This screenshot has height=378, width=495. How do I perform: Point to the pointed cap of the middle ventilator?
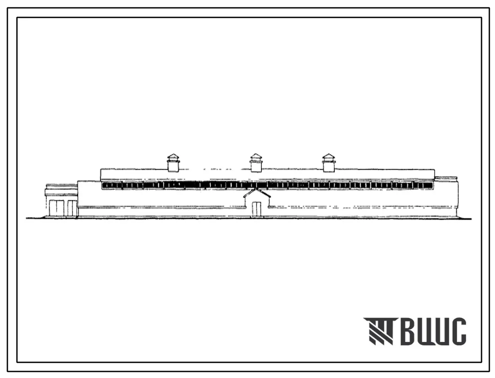256,156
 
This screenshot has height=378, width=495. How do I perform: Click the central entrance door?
256,209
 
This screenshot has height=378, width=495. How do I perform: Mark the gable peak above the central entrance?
257,190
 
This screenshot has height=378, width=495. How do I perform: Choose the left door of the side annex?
56,208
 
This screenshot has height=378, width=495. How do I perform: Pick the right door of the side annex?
72,208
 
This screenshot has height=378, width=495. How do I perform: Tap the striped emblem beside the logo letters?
379,331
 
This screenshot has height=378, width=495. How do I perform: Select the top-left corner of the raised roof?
101,170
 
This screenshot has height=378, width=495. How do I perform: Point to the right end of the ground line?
471,218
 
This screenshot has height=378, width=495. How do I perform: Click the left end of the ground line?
27,218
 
